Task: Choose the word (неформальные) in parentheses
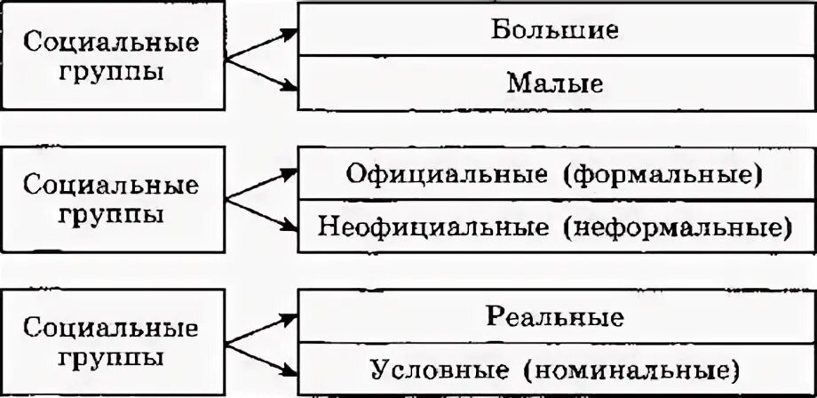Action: [x=675, y=227]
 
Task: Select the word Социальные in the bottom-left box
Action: [x=112, y=330]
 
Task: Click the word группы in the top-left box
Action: [x=112, y=70]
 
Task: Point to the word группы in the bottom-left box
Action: [x=112, y=357]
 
